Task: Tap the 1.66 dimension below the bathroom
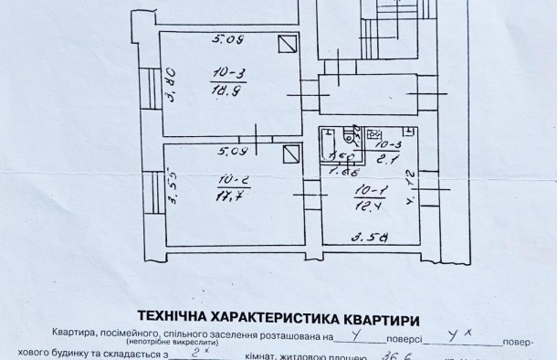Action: [342, 170]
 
